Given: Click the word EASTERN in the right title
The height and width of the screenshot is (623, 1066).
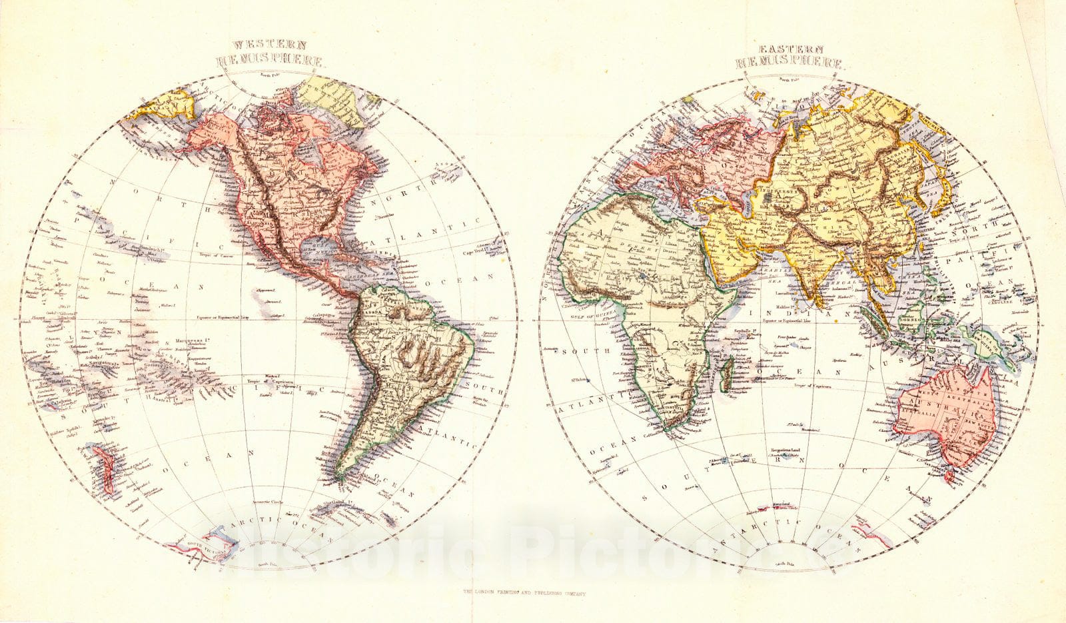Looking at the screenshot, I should click(x=790, y=49).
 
